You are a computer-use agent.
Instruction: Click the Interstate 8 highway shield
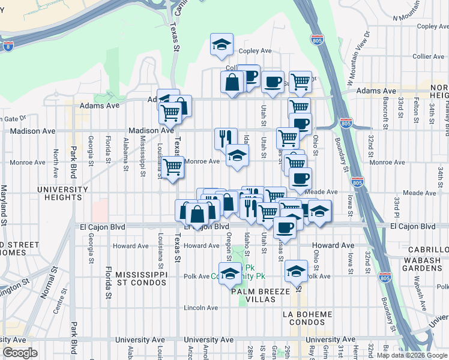coord(7,46)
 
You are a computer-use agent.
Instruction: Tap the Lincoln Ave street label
coord(201,308)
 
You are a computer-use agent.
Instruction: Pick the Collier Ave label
coord(429,56)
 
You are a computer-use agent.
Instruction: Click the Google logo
coord(20,353)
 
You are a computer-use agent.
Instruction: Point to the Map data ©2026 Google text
coord(412,355)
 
